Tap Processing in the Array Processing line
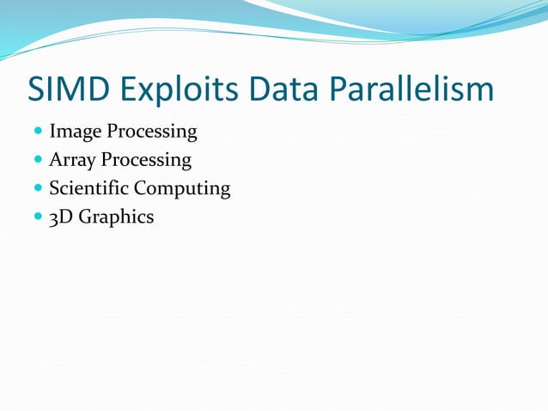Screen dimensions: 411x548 tap(147, 160)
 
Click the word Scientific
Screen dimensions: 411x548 tap(90, 188)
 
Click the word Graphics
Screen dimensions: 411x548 tap(116, 217)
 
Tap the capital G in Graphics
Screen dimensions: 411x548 tap(86, 217)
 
